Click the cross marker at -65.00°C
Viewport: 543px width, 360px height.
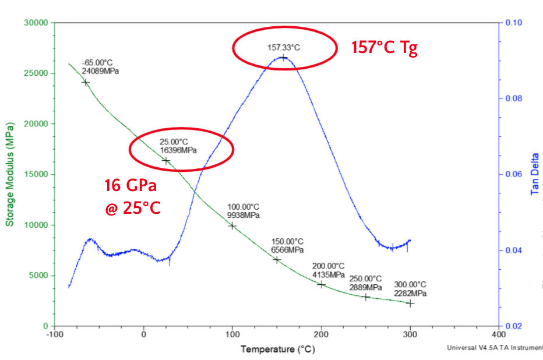tap(86, 82)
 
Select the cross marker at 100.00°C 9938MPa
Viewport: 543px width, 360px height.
tap(232, 225)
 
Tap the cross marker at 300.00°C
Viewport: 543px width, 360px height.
tap(410, 303)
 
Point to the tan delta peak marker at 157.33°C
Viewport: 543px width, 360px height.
tap(284, 57)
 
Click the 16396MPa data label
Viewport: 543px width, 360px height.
tap(178, 150)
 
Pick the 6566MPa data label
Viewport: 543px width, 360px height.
tap(288, 250)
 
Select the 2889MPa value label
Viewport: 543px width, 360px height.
tap(366, 287)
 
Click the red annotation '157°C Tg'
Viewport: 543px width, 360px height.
tap(385, 48)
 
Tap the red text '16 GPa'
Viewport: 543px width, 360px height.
tap(132, 186)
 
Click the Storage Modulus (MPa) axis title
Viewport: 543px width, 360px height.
tap(10, 174)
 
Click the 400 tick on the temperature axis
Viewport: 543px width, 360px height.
tap(499, 336)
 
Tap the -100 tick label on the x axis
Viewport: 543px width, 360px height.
tap(54, 336)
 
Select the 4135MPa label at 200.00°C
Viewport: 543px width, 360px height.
tap(329, 274)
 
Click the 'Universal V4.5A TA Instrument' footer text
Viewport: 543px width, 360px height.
tap(495, 348)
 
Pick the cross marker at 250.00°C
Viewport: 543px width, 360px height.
tap(366, 297)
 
